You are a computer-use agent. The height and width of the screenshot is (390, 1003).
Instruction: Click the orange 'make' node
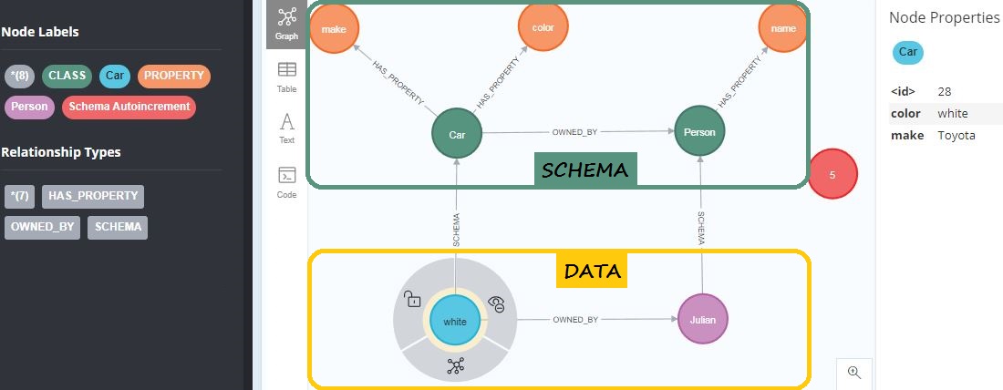[334, 28]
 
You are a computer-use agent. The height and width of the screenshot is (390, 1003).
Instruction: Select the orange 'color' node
[543, 28]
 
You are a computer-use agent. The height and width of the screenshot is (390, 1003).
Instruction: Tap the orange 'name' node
[782, 28]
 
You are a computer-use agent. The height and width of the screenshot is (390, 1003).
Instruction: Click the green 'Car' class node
[457, 134]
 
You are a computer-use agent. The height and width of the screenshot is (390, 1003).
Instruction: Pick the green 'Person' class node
[699, 133]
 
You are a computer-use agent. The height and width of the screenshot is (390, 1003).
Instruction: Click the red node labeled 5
[832, 173]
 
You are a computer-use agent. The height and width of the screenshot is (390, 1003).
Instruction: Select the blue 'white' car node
[454, 321]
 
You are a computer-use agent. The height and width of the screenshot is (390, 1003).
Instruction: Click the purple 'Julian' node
[703, 320]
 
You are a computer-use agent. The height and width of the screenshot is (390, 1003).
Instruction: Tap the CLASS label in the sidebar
[67, 76]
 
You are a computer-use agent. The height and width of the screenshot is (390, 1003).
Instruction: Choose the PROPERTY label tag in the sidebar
[174, 76]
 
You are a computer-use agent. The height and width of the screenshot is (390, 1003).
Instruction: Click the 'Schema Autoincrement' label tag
[129, 107]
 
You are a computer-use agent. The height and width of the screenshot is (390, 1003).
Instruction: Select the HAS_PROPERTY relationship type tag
[93, 196]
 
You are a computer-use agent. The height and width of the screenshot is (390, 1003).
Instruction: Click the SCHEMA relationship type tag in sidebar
[118, 227]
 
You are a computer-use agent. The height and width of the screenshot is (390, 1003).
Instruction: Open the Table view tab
[286, 77]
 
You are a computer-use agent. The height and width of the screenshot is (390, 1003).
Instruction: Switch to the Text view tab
[286, 128]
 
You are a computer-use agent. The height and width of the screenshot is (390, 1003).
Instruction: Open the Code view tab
[286, 181]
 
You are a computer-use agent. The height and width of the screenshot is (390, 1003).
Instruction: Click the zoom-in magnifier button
[854, 372]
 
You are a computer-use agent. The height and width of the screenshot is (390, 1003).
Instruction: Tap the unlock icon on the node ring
[413, 298]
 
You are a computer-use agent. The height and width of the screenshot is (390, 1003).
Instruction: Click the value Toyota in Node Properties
[956, 135]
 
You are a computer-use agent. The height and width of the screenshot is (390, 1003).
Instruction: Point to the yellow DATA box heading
[592, 271]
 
